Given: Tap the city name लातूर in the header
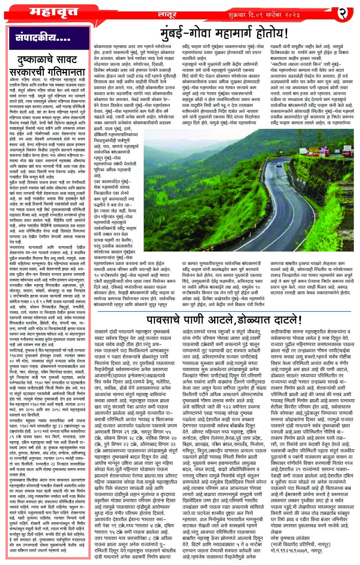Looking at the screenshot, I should pyautogui.click(x=167, y=15).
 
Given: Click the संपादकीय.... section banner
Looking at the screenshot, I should pyautogui.click(x=43, y=38).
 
